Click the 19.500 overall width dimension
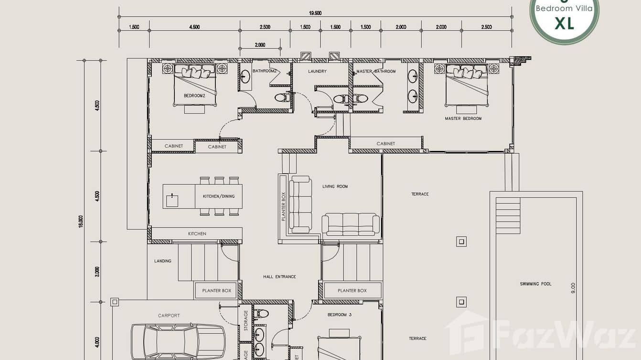coord(315,13)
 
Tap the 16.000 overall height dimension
coord(81,221)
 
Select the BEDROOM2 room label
coord(194,95)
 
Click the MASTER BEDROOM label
coord(463,118)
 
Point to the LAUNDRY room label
coord(317,71)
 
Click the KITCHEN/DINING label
coord(219,196)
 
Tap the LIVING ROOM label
coord(335,186)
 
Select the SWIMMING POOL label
coord(535,284)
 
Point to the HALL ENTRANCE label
coord(279,276)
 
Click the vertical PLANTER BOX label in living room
coord(283,206)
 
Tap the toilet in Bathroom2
coord(281,97)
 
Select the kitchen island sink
coord(171,201)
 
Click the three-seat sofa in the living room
coord(351,224)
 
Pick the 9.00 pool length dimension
coord(573,288)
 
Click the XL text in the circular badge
coord(564,23)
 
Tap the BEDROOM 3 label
coord(339,315)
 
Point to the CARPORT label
coord(169,315)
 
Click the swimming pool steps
coord(508,215)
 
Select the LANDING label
coord(162,261)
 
